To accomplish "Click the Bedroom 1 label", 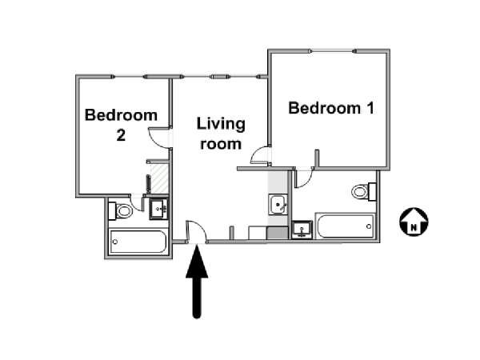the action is click(x=331, y=108).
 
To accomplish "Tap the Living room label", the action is click(x=221, y=134).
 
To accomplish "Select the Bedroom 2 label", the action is click(x=121, y=125).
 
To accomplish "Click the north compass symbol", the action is click(x=414, y=222).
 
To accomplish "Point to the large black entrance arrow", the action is click(x=197, y=282).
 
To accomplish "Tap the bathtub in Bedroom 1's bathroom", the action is click(x=346, y=226).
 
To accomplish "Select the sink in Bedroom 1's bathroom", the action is click(x=302, y=230).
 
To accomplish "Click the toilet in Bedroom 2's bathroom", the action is click(x=120, y=210).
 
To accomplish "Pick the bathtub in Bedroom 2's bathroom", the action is click(x=138, y=242).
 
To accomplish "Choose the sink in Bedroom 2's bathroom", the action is click(x=158, y=209).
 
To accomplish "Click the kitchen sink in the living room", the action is click(x=278, y=205).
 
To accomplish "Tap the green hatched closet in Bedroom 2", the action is click(x=159, y=178).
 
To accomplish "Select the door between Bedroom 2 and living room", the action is click(x=159, y=138).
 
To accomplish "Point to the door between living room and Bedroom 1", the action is click(x=260, y=155).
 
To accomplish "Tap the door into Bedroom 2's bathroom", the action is click(x=137, y=202).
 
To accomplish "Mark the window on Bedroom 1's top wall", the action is click(x=333, y=51).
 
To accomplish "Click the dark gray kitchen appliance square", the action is click(x=278, y=233).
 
